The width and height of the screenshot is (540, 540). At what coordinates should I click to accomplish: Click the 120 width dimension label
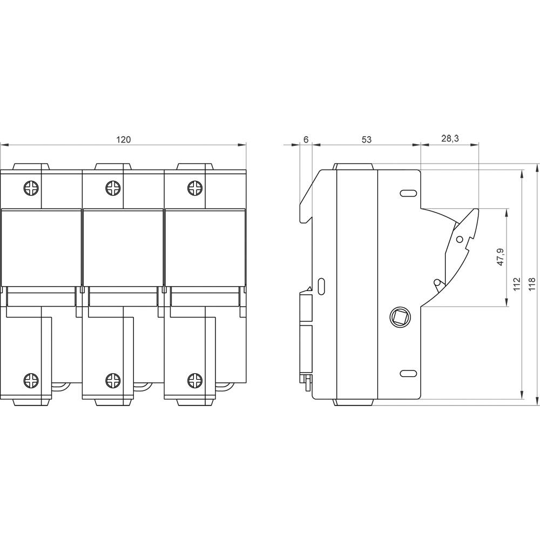click(124, 139)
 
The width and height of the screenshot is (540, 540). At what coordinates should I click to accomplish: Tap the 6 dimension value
click(306, 139)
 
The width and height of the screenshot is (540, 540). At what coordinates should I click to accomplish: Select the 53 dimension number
click(366, 139)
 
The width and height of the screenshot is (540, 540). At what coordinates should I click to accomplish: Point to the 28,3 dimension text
click(449, 139)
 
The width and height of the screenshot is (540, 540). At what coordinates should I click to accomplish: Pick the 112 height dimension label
click(516, 285)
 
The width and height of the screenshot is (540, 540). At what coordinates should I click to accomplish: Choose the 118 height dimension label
click(532, 285)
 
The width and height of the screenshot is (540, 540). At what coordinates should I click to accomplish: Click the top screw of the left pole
click(31, 188)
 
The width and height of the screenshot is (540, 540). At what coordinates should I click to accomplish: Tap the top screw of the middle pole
click(113, 188)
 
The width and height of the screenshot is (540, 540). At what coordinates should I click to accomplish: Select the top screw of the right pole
click(195, 188)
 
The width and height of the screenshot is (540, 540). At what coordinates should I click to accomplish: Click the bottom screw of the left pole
click(31, 380)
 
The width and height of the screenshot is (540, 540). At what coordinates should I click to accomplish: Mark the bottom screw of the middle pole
click(113, 380)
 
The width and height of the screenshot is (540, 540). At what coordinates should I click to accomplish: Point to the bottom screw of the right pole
click(195, 380)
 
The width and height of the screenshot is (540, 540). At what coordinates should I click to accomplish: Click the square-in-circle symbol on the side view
click(400, 316)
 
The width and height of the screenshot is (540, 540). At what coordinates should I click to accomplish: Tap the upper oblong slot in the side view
click(408, 193)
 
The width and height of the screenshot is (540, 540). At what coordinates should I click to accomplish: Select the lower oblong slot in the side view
click(408, 373)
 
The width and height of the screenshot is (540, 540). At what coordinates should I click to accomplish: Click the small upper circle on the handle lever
click(460, 238)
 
